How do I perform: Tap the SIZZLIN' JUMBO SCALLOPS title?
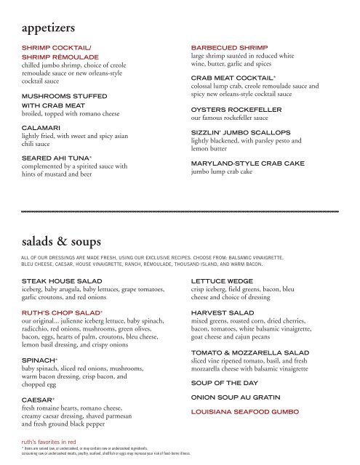coord(240,134)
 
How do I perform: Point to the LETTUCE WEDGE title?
coord(225,280)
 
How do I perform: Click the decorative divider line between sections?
coord(180,209)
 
